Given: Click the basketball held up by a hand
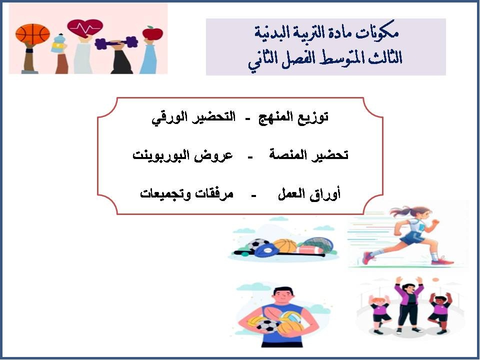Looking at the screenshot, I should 32,34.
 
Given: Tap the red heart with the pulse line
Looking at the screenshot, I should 84,29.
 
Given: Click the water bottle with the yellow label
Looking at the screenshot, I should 58,43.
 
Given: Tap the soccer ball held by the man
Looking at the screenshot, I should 268,325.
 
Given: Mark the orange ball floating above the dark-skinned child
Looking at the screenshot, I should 435,279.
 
